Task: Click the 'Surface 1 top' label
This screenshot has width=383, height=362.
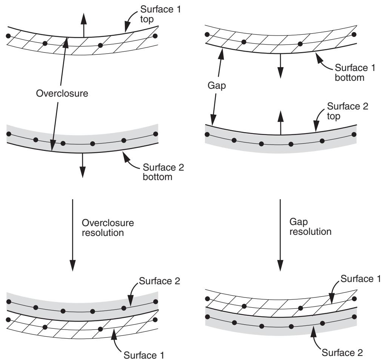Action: pyautogui.click(x=160, y=14)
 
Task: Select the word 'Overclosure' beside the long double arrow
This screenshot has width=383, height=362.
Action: pyautogui.click(x=62, y=93)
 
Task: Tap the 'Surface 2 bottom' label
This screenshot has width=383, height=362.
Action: pyautogui.click(x=163, y=172)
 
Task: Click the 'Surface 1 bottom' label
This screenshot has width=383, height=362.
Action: pyautogui.click(x=355, y=72)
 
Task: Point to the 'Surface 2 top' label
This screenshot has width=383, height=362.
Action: pyautogui.click(x=347, y=111)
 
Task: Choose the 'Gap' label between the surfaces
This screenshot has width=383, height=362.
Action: pyautogui.click(x=217, y=86)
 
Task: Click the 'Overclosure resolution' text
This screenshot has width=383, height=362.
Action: pyautogui.click(x=108, y=228)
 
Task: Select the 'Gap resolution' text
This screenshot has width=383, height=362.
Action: pyautogui.click(x=310, y=227)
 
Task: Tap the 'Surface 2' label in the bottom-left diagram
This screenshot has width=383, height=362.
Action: pyautogui.click(x=160, y=281)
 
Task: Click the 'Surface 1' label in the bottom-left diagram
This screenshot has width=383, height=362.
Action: pyautogui.click(x=144, y=355)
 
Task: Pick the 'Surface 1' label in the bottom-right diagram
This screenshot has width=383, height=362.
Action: pyautogui.click(x=360, y=279)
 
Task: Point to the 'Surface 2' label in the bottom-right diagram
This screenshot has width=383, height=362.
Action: pyautogui.click(x=342, y=353)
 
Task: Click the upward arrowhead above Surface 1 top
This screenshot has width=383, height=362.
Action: pyautogui.click(x=84, y=18)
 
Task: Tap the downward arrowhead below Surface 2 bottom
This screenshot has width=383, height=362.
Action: pyautogui.click(x=83, y=172)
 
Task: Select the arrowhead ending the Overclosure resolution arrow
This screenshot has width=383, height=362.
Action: pyautogui.click(x=72, y=266)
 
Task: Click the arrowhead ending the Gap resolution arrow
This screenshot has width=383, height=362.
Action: pyautogui.click(x=280, y=266)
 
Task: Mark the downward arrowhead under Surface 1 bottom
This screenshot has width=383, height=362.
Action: pyautogui.click(x=280, y=73)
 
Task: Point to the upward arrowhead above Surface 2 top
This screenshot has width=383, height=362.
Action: pyautogui.click(x=281, y=116)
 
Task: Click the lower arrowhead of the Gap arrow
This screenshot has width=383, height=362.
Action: pyautogui.click(x=213, y=120)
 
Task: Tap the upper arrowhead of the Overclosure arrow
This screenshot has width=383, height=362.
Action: pyautogui.click(x=65, y=43)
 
